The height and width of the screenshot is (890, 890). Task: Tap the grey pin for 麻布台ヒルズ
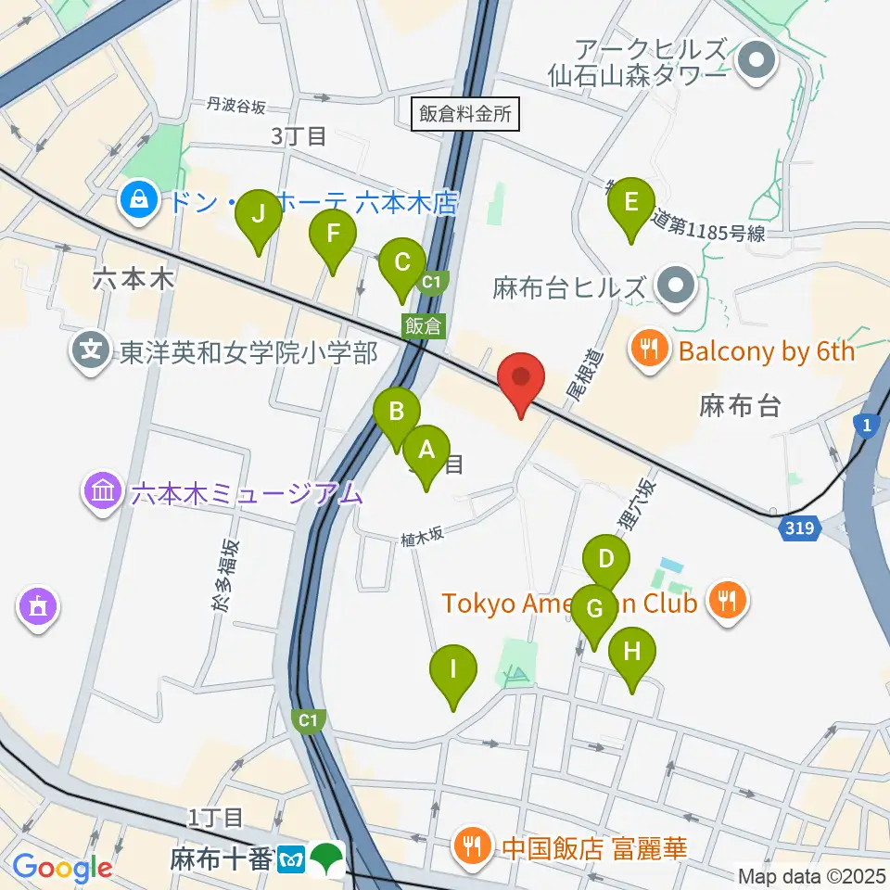[x=678, y=287]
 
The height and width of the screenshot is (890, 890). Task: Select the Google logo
[x=62, y=868]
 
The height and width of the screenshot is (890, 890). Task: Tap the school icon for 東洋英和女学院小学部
[x=91, y=352]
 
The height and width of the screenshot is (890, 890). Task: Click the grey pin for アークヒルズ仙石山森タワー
[x=757, y=62]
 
